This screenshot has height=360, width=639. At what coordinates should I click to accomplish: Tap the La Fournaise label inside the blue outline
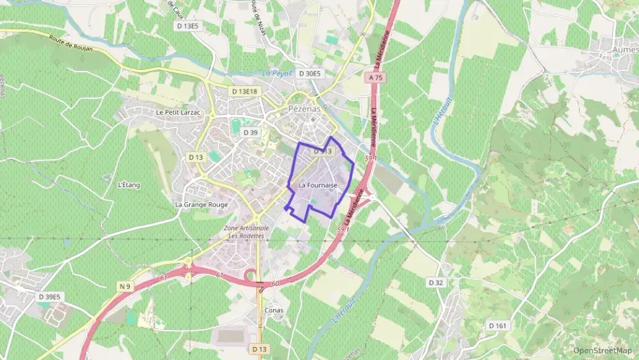pos(318,185)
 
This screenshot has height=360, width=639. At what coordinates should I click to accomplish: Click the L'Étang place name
pos(128,185)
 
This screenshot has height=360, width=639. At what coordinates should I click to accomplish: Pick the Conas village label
pos(273,309)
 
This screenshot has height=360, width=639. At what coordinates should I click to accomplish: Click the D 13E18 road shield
pos(244,92)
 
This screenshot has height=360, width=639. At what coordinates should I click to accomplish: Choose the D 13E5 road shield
pos(187,26)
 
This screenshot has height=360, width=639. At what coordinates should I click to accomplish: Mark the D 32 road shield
pos(436,282)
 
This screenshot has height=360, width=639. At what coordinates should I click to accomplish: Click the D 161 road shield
pos(498,326)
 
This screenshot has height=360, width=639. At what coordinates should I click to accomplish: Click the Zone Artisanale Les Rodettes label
pos(246,232)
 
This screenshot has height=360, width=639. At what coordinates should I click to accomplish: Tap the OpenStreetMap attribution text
pos(602,350)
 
